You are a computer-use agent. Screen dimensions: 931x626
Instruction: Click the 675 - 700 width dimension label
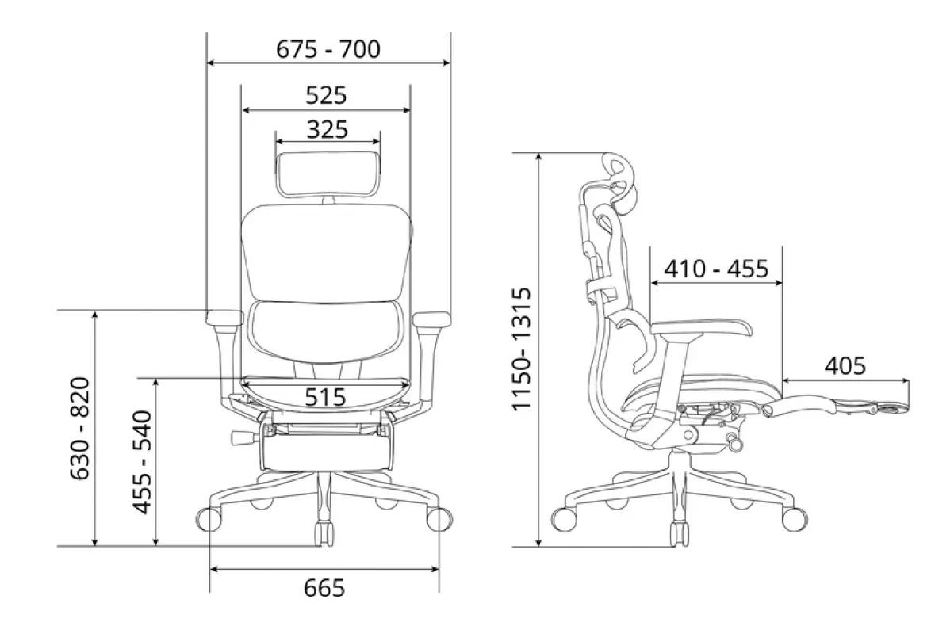click(x=328, y=49)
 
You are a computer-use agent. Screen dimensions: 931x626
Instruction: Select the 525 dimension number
click(x=326, y=95)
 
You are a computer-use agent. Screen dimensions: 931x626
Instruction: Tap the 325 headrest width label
click(x=328, y=129)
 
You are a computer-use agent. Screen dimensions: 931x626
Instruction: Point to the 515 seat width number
click(x=325, y=396)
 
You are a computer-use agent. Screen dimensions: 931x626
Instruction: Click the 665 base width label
click(x=324, y=588)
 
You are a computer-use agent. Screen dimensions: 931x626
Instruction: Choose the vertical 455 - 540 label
click(x=143, y=461)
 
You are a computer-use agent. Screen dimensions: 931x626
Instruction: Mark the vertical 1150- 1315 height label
click(x=521, y=349)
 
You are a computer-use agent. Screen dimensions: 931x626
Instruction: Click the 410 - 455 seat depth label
click(x=716, y=269)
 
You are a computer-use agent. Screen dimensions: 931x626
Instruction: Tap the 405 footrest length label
click(x=845, y=365)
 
